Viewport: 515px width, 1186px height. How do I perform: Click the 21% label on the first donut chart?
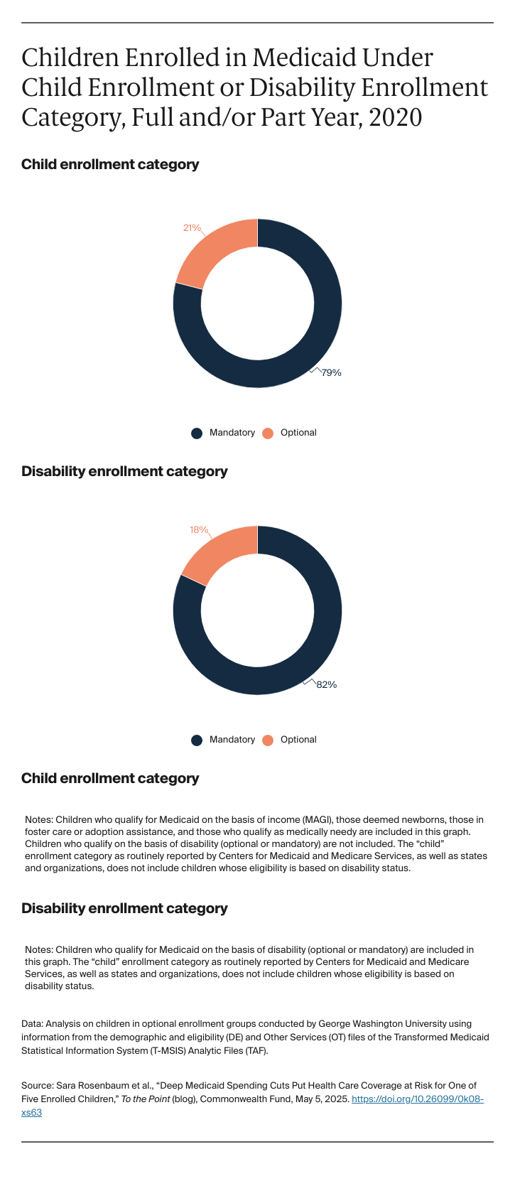192,228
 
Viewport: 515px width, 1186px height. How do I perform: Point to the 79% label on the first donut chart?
331,372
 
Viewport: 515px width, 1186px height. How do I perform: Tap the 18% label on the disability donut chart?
199,530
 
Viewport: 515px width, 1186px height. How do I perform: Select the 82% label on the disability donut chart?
327,685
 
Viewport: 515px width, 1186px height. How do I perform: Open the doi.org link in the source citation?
418,1099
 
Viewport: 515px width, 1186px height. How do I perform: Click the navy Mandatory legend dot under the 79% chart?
197,433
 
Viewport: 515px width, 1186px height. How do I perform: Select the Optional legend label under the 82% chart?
298,740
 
